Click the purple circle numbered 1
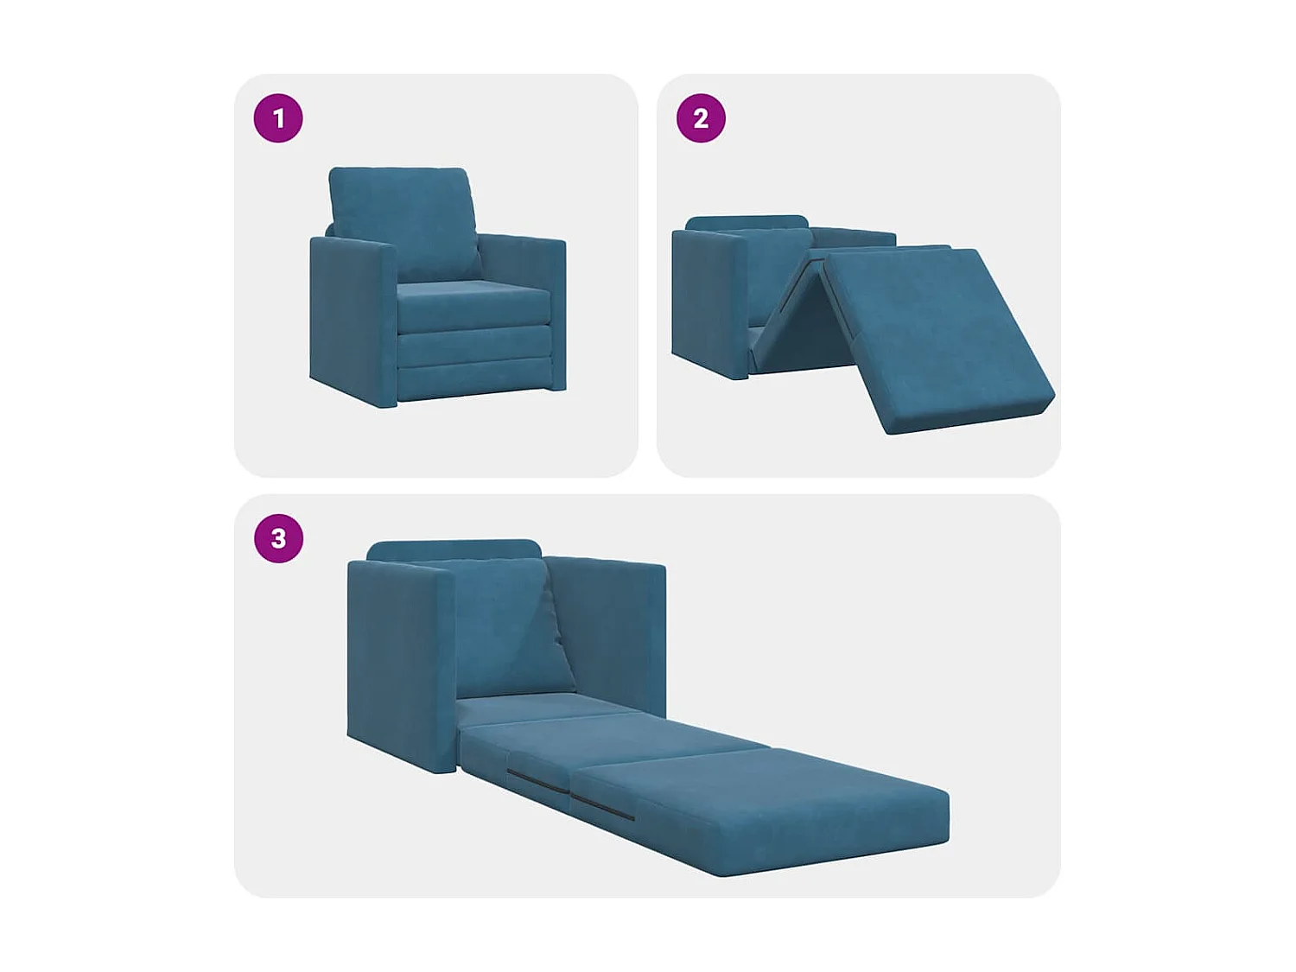[278, 118]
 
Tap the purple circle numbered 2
[701, 118]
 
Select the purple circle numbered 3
[278, 538]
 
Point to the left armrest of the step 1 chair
[350, 320]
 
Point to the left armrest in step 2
[707, 302]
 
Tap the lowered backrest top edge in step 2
[747, 223]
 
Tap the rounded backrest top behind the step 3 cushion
[454, 550]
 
